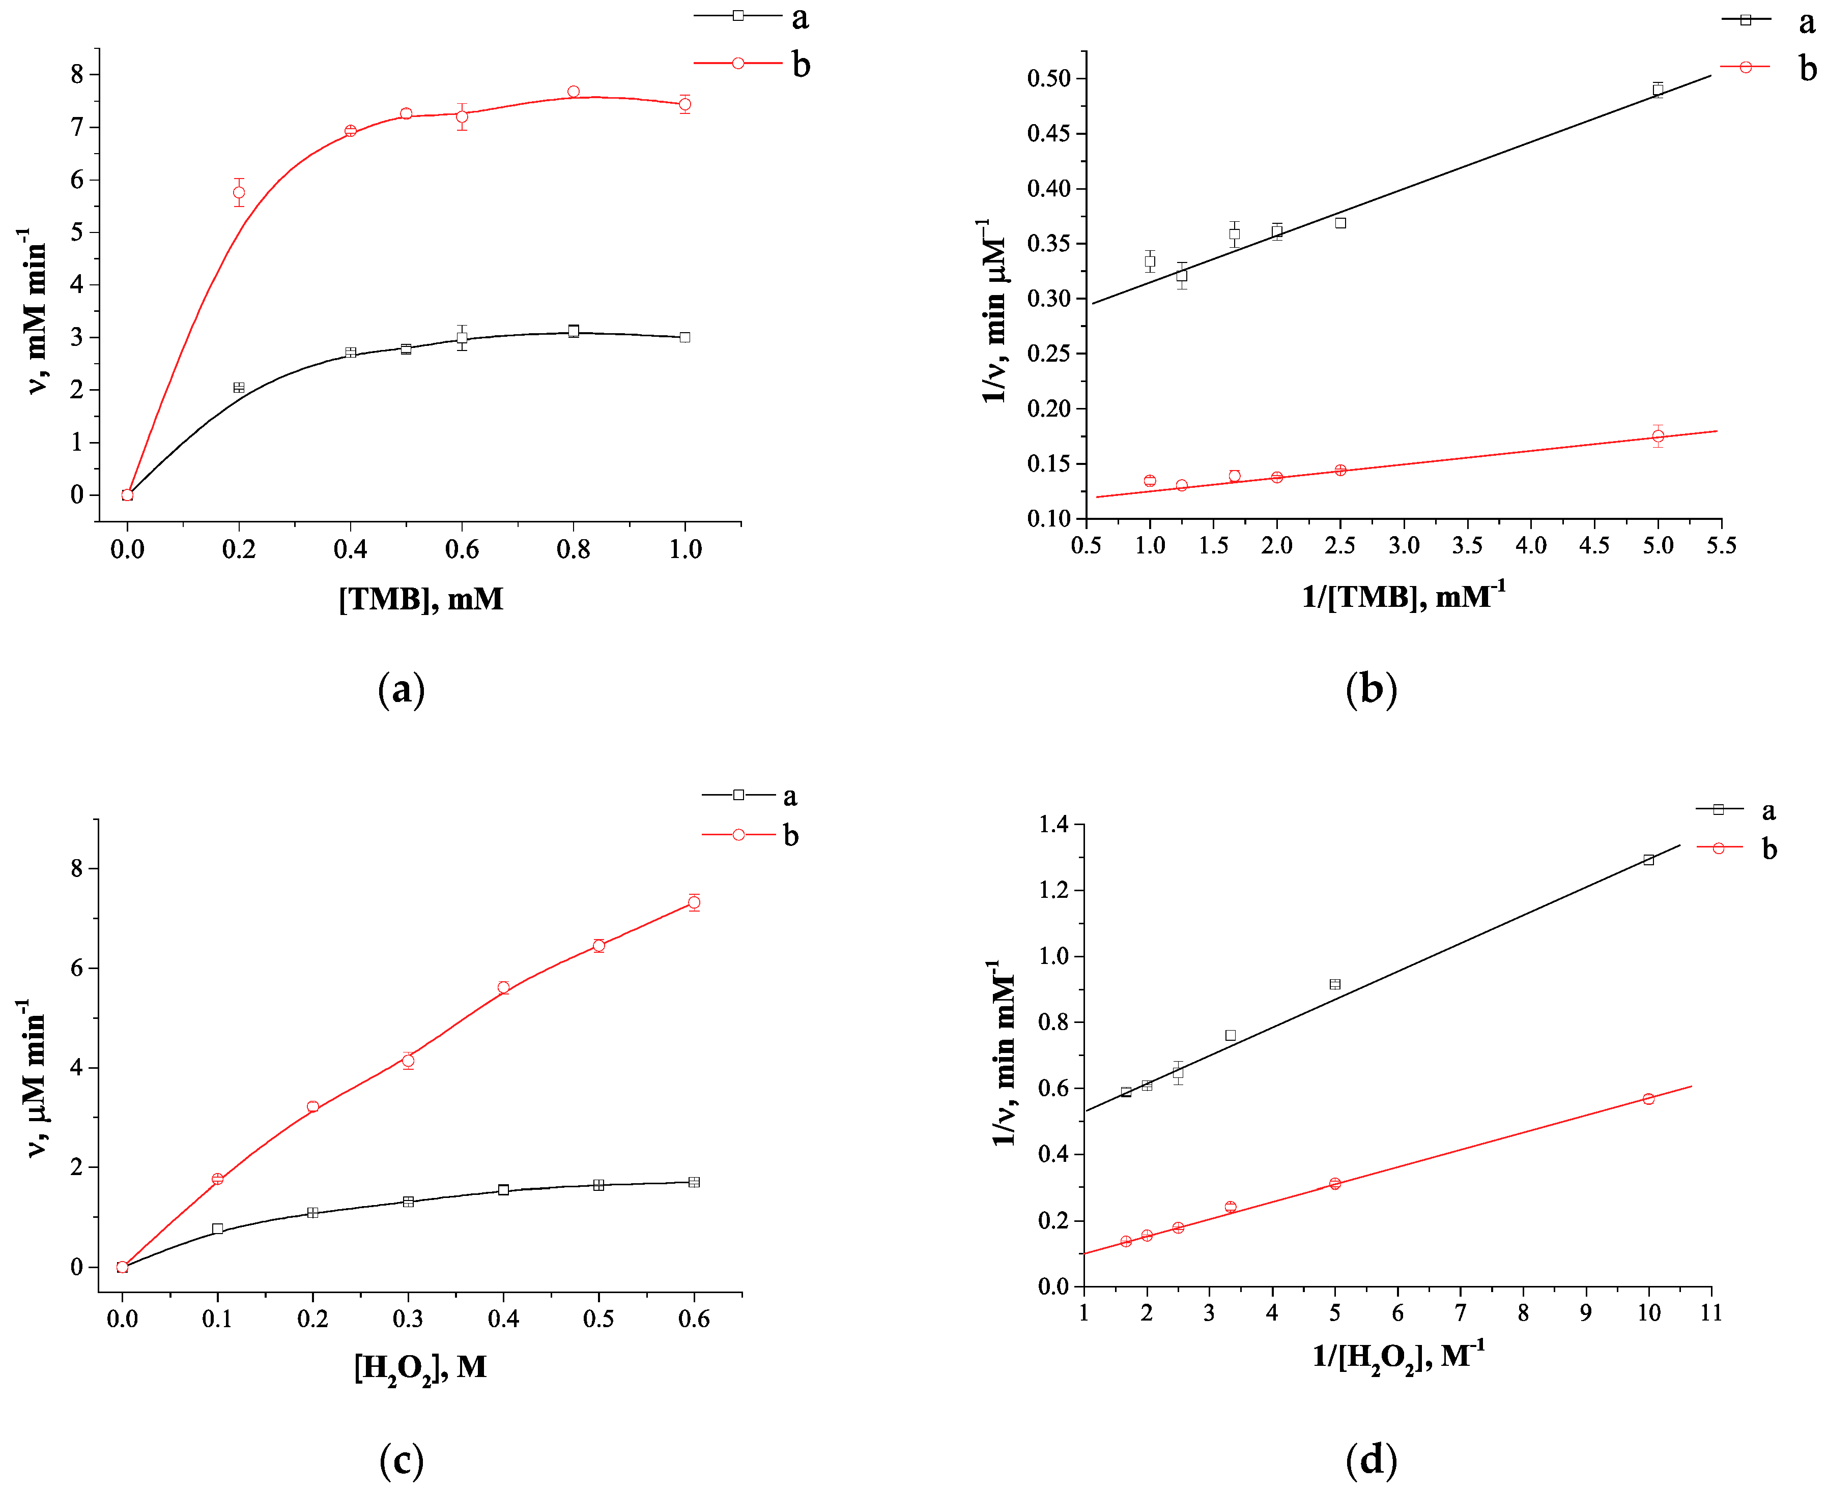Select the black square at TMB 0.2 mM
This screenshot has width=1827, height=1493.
(x=239, y=388)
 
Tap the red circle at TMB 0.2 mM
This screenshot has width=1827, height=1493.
(x=239, y=193)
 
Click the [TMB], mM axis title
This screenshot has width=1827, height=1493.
(x=421, y=599)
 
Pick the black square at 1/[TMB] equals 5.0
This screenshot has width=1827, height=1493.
(x=1658, y=90)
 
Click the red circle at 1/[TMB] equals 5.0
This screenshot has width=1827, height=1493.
(x=1658, y=436)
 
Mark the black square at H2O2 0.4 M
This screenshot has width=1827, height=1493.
(x=503, y=1190)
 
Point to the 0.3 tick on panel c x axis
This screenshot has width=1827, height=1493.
(x=408, y=1319)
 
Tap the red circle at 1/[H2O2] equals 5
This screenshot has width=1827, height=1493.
(x=1335, y=1183)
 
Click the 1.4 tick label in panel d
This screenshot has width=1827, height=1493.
(x=1054, y=825)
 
